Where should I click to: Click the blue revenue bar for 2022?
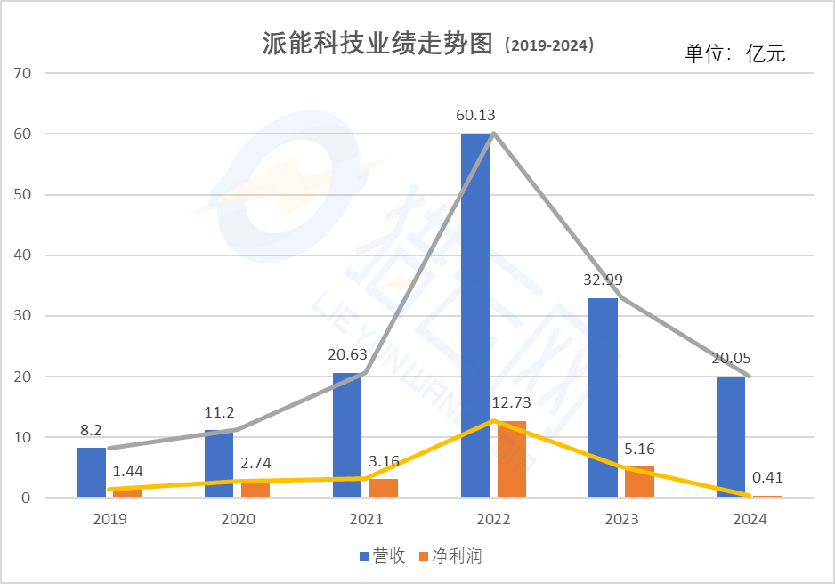tap(475, 315)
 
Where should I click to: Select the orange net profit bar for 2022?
tap(512, 459)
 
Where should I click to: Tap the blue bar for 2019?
tap(91, 473)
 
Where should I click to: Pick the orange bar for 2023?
tap(639, 482)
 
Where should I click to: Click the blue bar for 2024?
tap(731, 436)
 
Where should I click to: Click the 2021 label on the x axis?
tap(366, 519)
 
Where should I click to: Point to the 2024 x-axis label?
tap(749, 519)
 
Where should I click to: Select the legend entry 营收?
tap(382, 556)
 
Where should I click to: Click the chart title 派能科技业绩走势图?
tap(377, 45)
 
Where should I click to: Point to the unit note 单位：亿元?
tap(734, 53)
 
